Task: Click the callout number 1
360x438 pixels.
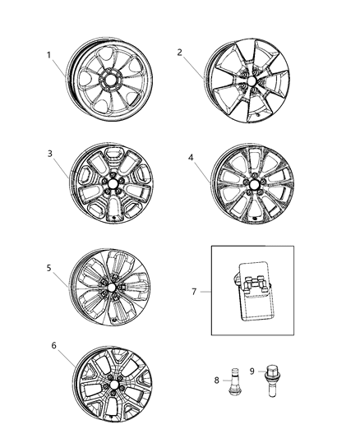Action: coord(48,56)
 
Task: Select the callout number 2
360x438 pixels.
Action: coord(178,52)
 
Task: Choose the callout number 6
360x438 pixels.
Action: coord(53,346)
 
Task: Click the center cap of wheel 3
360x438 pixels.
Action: coord(113,182)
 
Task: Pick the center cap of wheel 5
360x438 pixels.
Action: coord(110,288)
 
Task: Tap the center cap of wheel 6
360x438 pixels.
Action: coord(112,383)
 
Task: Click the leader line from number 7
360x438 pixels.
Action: coord(205,292)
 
